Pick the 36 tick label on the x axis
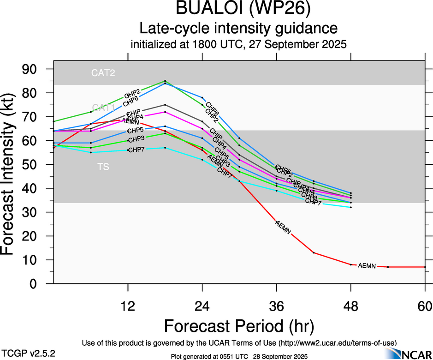pyautogui.click(x=277, y=306)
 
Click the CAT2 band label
pyautogui.click(x=103, y=72)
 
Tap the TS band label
pyautogui.click(x=103, y=167)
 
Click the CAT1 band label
pyautogui.click(x=103, y=108)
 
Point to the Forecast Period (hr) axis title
pyautogui.click(x=239, y=327)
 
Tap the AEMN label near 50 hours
pyautogui.click(x=367, y=265)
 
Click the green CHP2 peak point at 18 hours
pyautogui.click(x=165, y=81)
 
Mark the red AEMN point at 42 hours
pyautogui.click(x=314, y=252)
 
